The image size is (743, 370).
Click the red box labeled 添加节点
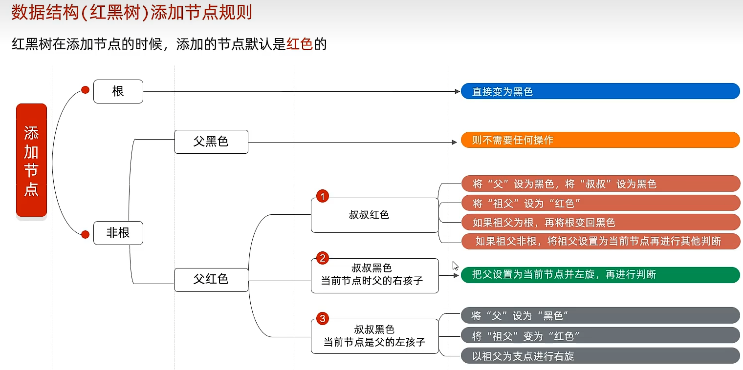(x=31, y=160)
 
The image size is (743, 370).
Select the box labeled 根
(x=118, y=91)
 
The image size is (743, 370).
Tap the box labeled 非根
(x=118, y=233)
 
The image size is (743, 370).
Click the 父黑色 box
(x=211, y=142)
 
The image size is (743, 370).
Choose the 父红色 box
(x=211, y=280)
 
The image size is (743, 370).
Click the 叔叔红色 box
(x=374, y=215)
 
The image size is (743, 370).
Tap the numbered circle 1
(x=322, y=196)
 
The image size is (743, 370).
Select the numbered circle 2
(x=322, y=258)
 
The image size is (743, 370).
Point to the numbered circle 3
(x=322, y=319)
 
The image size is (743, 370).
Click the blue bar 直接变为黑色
(x=600, y=91)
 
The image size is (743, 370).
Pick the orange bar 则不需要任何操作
(x=600, y=140)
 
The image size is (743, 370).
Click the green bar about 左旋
(x=600, y=274)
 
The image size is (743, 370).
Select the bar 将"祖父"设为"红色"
(x=600, y=203)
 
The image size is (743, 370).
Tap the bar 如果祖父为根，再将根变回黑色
(x=600, y=222)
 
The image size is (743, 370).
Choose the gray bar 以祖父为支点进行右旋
(x=600, y=356)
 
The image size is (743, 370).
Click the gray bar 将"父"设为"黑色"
(x=600, y=315)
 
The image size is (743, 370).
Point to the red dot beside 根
(x=85, y=90)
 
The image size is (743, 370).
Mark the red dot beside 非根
(x=85, y=235)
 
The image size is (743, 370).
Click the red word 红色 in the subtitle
(x=299, y=45)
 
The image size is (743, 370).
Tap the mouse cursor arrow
(x=455, y=266)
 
